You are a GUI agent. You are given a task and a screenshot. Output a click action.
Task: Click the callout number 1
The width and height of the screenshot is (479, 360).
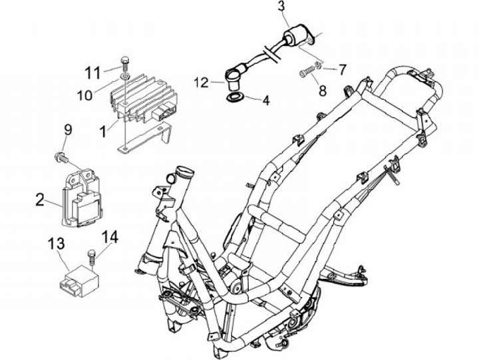(x=103, y=132)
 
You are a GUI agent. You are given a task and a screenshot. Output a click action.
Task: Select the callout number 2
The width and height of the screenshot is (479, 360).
(x=40, y=198)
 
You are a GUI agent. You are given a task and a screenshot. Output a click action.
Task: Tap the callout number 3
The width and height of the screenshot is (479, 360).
(x=281, y=8)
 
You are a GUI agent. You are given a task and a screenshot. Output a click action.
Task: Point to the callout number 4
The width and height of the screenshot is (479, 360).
(x=265, y=101)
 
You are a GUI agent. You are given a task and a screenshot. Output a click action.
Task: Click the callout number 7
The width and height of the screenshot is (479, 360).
(x=343, y=68)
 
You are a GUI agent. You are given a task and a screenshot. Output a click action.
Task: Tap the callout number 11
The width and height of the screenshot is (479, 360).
(x=92, y=71)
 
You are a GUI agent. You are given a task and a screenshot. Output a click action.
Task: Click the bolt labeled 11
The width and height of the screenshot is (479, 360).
(x=125, y=63)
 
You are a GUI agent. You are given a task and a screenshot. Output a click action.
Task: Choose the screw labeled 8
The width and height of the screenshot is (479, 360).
(x=307, y=71)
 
